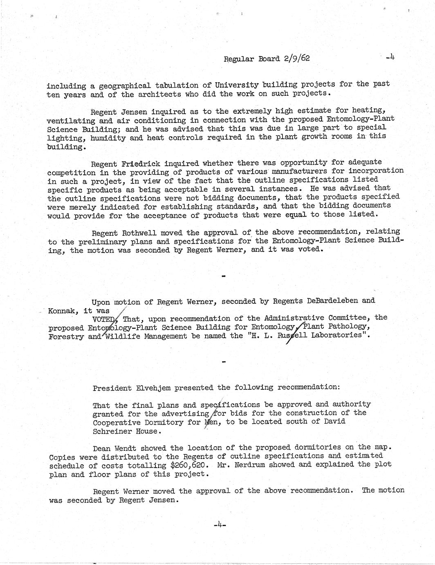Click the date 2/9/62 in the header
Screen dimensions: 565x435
click(296, 58)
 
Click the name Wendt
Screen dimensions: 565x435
click(130, 447)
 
